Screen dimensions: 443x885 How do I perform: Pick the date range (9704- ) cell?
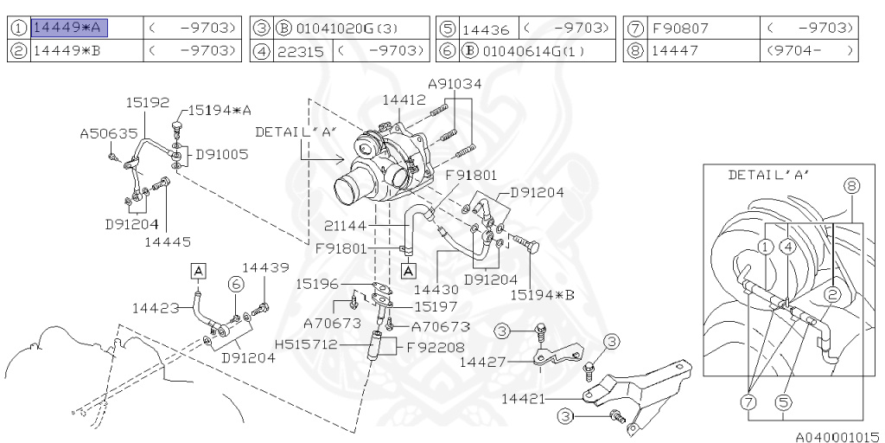(811, 51)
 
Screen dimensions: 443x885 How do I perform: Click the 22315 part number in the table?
(300, 51)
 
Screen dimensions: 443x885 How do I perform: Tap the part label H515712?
(304, 345)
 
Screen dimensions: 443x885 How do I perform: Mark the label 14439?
(265, 267)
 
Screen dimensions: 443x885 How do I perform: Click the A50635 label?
(109, 134)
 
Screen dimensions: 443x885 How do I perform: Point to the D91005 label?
(221, 154)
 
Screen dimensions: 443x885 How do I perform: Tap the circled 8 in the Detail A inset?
(852, 185)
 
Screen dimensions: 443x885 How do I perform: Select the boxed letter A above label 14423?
(198, 271)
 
